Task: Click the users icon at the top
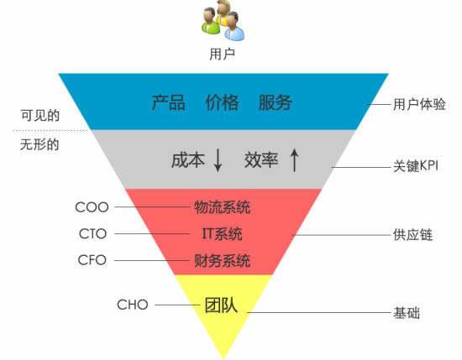(x=223, y=20)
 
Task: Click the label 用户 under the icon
(x=222, y=54)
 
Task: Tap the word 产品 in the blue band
(x=168, y=102)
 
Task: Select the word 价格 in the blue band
(x=222, y=102)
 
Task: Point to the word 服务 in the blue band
(x=276, y=102)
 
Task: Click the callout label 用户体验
(x=419, y=104)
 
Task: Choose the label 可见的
(x=40, y=115)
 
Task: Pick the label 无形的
(x=39, y=144)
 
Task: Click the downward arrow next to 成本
(x=218, y=159)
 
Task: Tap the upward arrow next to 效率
(x=294, y=159)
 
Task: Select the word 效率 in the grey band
(x=261, y=160)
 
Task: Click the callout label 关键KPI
(x=416, y=166)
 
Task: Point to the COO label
(x=92, y=207)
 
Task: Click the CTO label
(x=92, y=234)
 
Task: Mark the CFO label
(x=92, y=260)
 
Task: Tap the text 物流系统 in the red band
(x=223, y=207)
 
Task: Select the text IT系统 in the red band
(x=222, y=234)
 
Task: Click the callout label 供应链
(x=412, y=235)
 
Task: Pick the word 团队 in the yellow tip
(x=221, y=305)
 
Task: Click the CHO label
(x=133, y=305)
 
